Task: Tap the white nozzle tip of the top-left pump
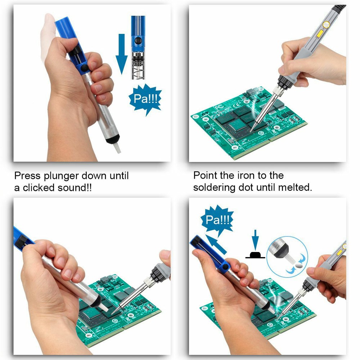tap(116, 148)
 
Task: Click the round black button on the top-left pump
tap(84, 68)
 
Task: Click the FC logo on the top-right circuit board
tap(219, 107)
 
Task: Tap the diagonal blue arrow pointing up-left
tap(217, 245)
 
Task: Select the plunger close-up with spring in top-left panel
tap(138, 47)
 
